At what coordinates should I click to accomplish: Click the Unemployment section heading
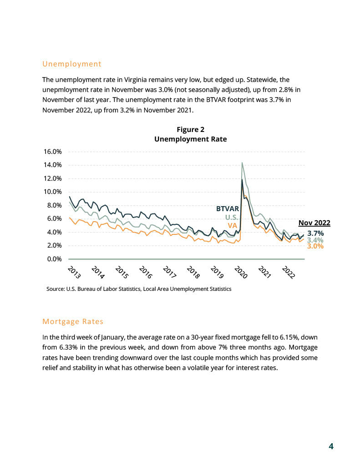tap(71, 64)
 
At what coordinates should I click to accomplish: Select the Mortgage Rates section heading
tap(73, 322)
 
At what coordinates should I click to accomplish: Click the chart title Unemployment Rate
tap(191, 139)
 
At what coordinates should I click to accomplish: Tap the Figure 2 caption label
tap(191, 130)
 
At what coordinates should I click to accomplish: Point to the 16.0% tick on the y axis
tap(53, 152)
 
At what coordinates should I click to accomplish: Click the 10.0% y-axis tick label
tap(53, 192)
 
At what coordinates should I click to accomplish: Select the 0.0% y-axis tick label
tap(55, 259)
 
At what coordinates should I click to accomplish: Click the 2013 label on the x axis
tap(74, 272)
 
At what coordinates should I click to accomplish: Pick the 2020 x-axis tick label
tap(241, 272)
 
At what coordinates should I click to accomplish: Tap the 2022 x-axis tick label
tap(289, 272)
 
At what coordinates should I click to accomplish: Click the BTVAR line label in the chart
tap(228, 209)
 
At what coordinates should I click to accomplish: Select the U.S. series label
tap(232, 217)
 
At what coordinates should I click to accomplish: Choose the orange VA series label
tap(233, 226)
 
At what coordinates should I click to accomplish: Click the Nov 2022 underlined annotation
tap(314, 223)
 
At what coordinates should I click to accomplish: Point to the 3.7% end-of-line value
tap(315, 233)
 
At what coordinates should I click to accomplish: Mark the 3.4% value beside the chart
tap(315, 240)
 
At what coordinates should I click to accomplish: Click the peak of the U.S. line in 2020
tap(242, 162)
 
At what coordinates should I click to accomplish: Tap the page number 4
tap(331, 446)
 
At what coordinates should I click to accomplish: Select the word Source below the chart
tap(55, 289)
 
